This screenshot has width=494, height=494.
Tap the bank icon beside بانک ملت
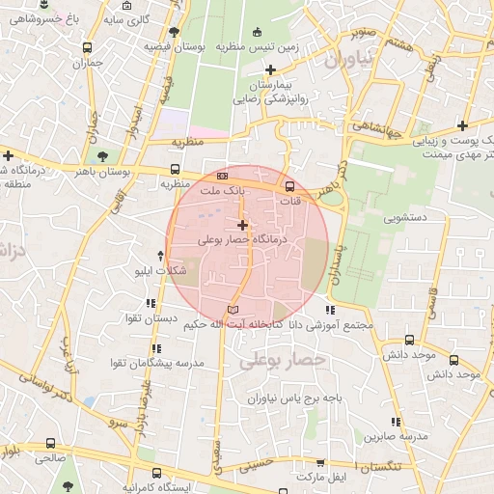click(223, 177)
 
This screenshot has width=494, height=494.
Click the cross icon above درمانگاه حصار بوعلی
click(242, 225)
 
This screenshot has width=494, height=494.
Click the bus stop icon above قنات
click(289, 186)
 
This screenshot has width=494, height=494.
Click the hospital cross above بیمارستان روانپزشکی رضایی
click(271, 69)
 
